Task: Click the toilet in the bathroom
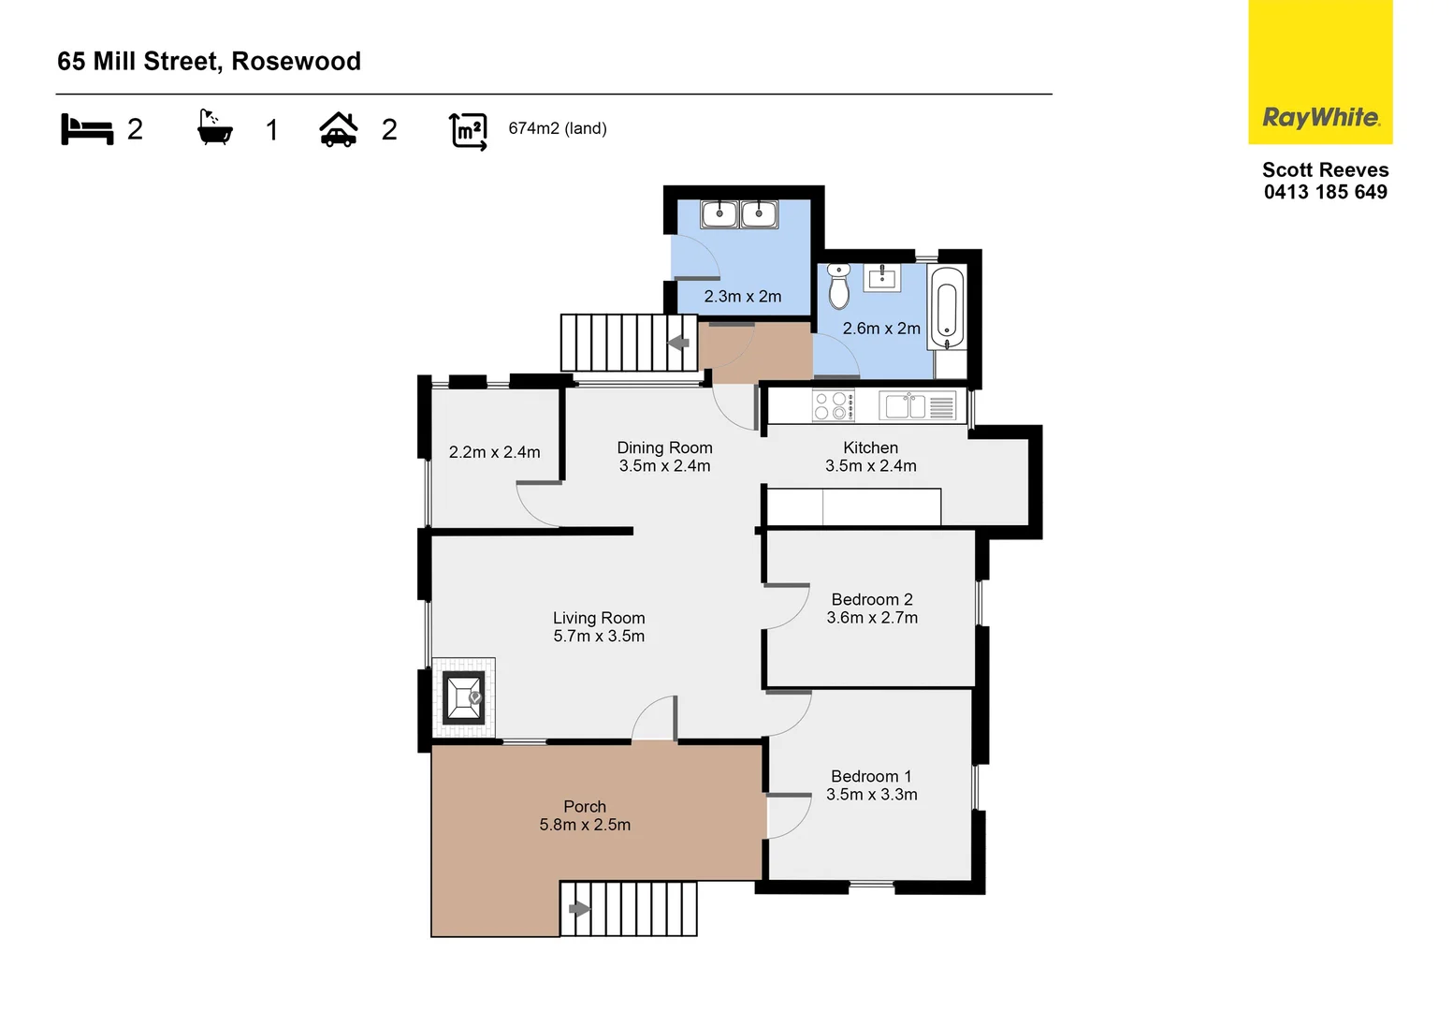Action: (x=838, y=286)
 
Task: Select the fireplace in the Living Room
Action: (x=463, y=697)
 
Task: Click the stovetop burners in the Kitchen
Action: (x=832, y=406)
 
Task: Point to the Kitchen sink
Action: (x=904, y=406)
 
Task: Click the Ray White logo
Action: (x=1320, y=117)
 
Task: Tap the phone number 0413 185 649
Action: (x=1325, y=192)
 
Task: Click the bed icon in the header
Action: (x=87, y=129)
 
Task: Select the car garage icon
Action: (x=339, y=130)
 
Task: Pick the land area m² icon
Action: (x=468, y=130)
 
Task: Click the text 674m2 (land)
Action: (x=558, y=128)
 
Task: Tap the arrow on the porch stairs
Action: (x=579, y=908)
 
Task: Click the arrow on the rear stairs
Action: (x=678, y=343)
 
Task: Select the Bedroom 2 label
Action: (x=871, y=599)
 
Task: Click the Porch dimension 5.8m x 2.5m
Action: (x=585, y=825)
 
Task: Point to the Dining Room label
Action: (x=664, y=447)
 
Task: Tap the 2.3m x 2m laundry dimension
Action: (x=742, y=296)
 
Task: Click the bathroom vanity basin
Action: (x=881, y=277)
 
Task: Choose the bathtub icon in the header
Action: (x=214, y=129)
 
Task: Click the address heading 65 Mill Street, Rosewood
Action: (x=209, y=61)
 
